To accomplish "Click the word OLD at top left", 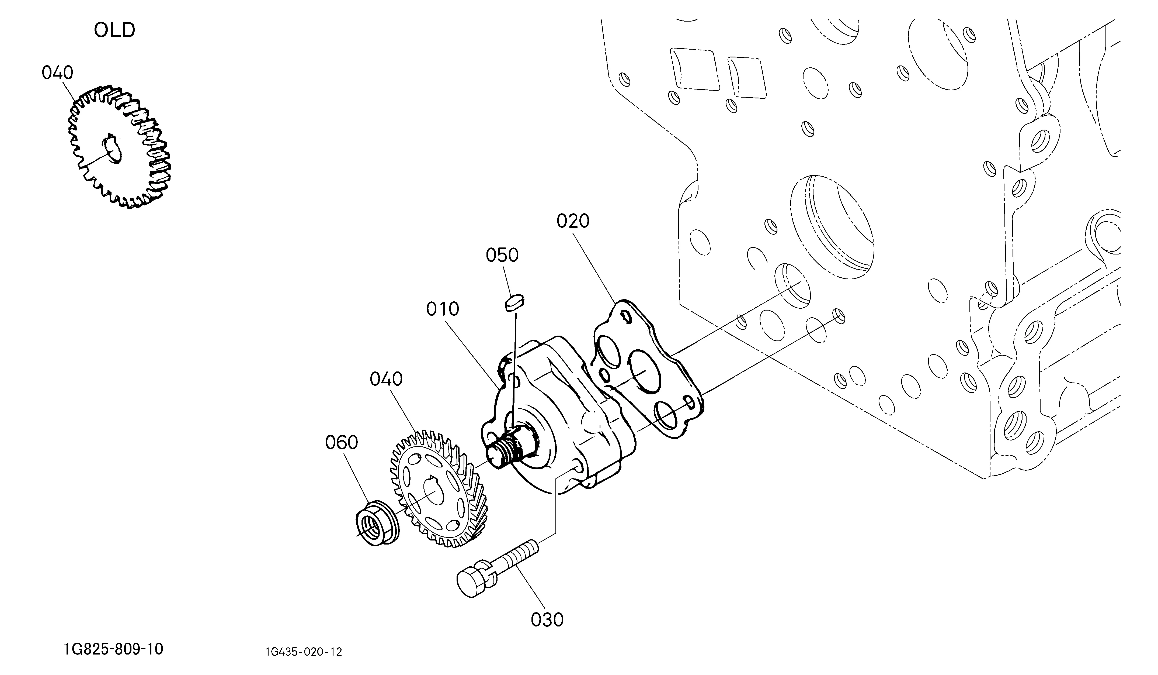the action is point(114,30).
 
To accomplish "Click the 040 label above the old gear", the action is point(57,73).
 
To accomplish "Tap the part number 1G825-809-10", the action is point(113,649).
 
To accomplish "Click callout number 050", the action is point(502,255).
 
